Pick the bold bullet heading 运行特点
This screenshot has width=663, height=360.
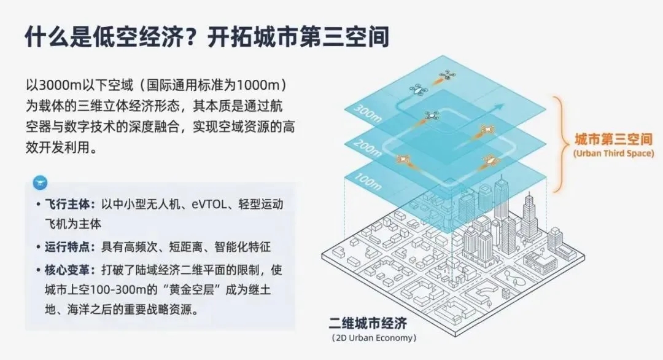pos(67,247)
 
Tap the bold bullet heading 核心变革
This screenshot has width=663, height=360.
pos(67,270)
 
